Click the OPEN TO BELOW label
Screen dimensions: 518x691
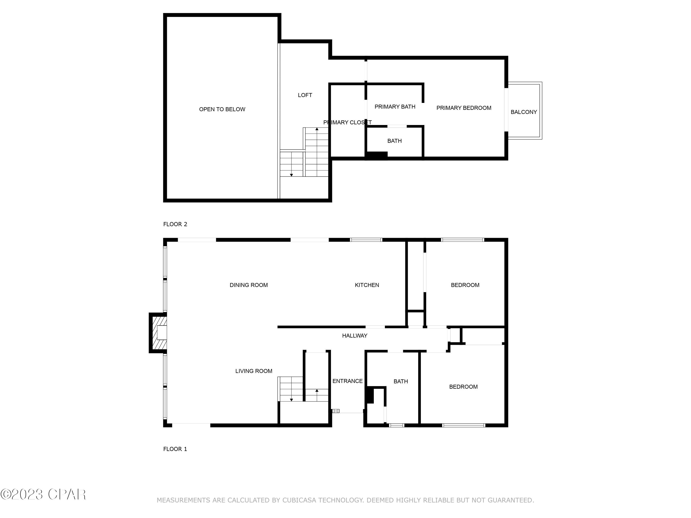(x=222, y=109)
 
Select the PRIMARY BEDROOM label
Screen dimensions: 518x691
(x=464, y=108)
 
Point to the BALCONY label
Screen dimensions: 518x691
(x=524, y=112)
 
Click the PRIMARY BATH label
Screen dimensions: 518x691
(x=395, y=107)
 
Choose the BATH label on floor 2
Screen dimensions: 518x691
(x=394, y=141)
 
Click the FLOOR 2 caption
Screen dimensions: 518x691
(x=175, y=224)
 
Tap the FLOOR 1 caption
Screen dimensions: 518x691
(x=175, y=449)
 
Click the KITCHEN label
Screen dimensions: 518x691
(x=367, y=285)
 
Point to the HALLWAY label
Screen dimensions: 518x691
(x=354, y=336)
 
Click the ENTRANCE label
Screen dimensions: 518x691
(x=347, y=381)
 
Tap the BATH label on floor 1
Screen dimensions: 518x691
(x=401, y=381)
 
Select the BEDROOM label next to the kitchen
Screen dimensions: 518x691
(x=465, y=285)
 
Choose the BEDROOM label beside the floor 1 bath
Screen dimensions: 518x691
(x=463, y=387)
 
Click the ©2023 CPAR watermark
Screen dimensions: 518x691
(x=43, y=494)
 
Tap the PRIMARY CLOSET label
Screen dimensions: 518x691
(x=347, y=122)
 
